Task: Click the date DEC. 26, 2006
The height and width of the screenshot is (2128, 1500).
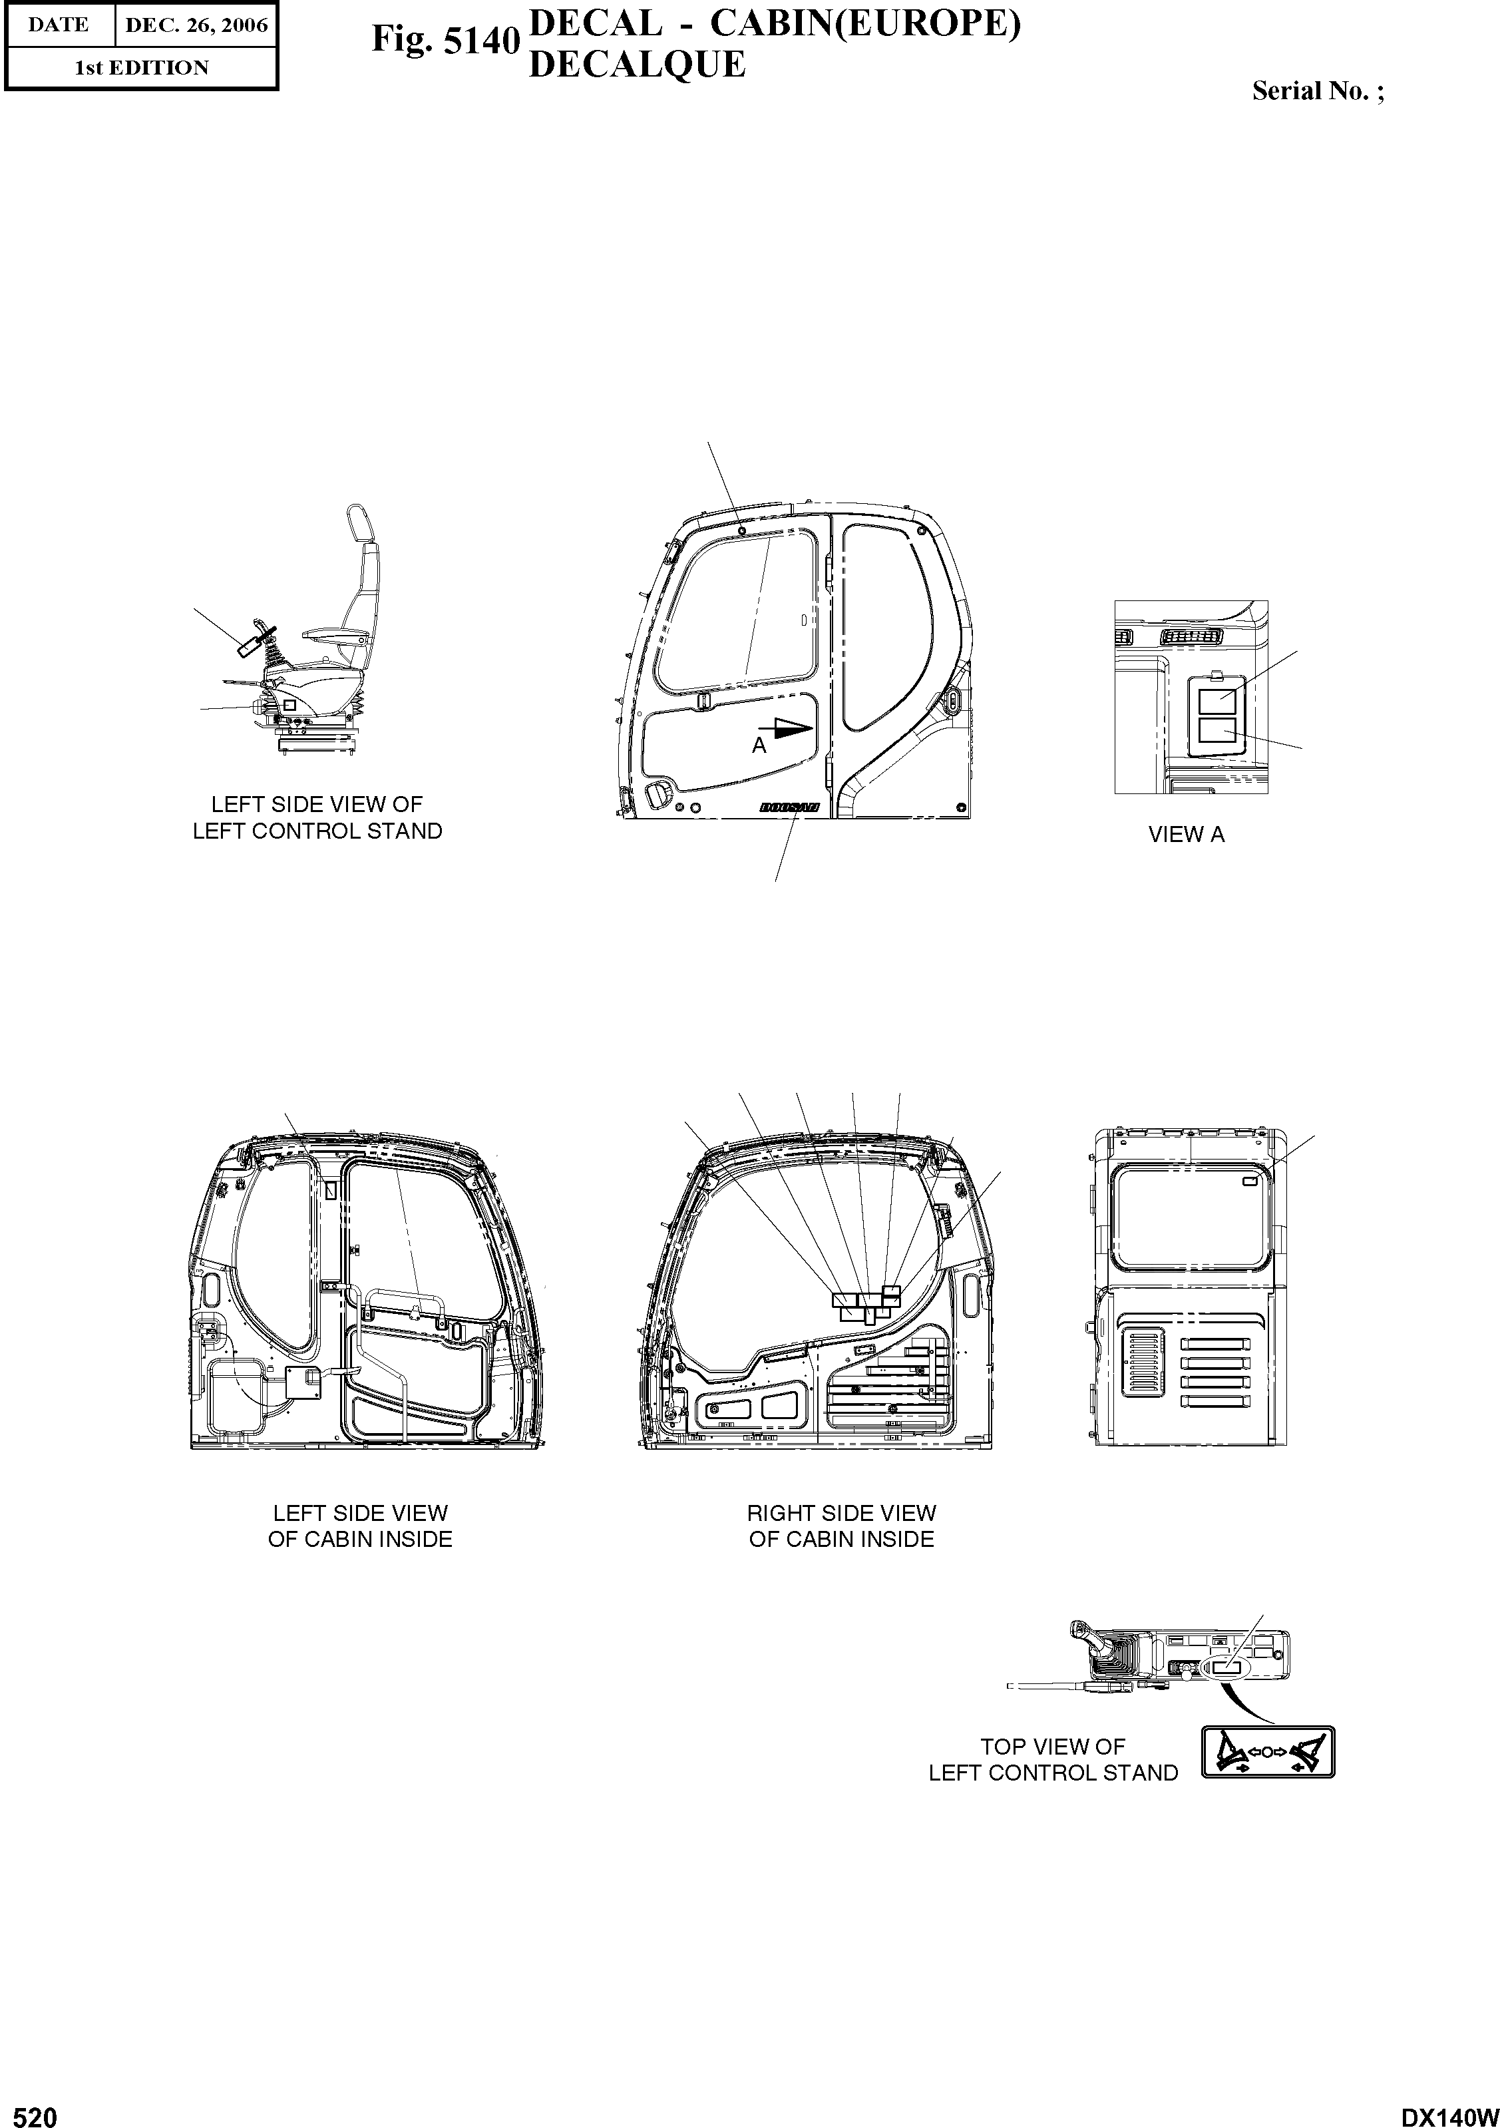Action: point(196,25)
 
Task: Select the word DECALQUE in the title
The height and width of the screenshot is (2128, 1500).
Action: point(636,64)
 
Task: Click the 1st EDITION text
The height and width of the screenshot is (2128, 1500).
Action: point(141,68)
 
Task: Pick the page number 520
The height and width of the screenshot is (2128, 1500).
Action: point(30,2115)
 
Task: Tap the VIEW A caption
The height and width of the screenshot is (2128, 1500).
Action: point(1186,834)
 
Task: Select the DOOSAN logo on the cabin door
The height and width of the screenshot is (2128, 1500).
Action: point(789,807)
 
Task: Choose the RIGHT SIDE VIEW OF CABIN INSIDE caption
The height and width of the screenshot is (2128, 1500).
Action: point(841,1526)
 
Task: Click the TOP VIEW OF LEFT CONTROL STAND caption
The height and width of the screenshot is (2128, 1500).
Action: point(1053,1759)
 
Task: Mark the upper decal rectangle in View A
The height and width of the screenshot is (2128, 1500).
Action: point(1217,701)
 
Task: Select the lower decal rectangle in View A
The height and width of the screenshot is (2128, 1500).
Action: point(1217,732)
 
